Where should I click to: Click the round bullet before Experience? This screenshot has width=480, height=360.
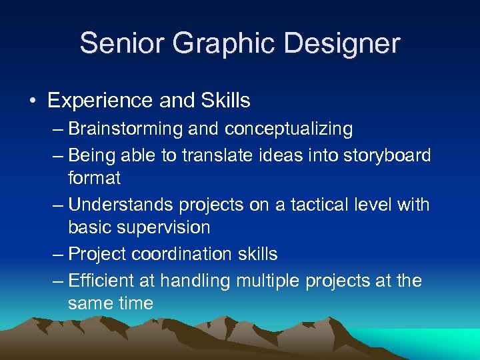[32, 101]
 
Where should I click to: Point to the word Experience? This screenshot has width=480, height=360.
[100, 101]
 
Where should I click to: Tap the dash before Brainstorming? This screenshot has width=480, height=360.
[58, 129]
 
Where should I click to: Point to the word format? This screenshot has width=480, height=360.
[94, 178]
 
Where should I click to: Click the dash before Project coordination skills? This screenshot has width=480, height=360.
[58, 254]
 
